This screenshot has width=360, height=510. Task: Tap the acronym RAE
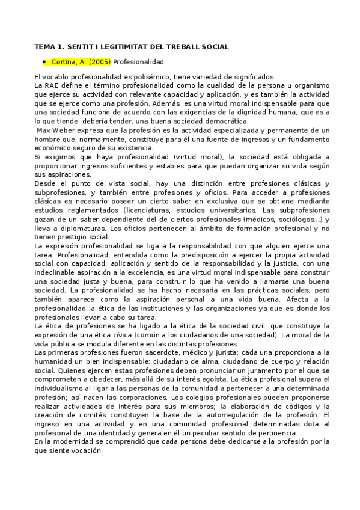(54, 85)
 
